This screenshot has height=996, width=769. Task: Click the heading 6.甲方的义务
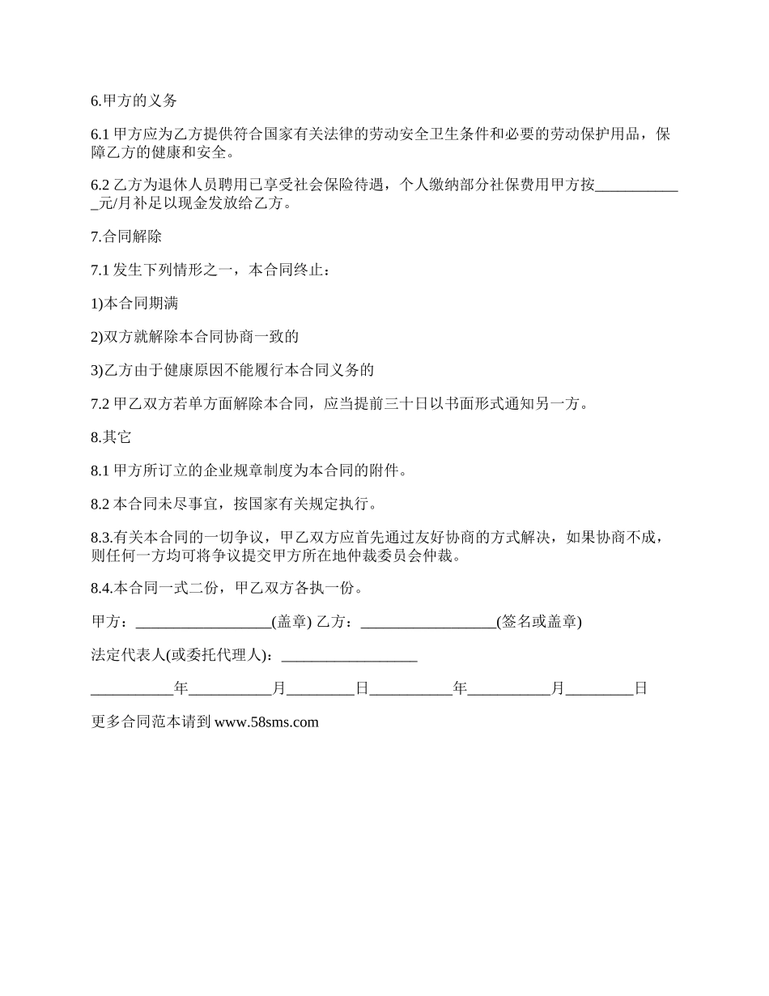(x=134, y=101)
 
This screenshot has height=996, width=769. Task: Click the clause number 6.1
(x=100, y=134)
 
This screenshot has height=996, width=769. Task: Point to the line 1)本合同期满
(x=134, y=304)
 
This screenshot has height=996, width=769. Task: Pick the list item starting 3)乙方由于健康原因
(x=232, y=370)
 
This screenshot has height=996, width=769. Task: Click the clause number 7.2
(x=100, y=404)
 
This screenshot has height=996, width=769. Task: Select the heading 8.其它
(x=111, y=437)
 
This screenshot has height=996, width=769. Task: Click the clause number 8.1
(x=100, y=470)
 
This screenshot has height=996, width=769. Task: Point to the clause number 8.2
(x=100, y=504)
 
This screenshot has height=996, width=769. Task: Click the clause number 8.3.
(x=102, y=538)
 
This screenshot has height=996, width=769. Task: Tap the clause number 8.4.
(x=102, y=588)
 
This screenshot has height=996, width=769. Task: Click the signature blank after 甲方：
(x=203, y=622)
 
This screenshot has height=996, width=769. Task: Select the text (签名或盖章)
(x=539, y=622)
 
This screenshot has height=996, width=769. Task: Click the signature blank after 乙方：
(x=428, y=622)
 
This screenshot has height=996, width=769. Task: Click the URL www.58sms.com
(x=266, y=722)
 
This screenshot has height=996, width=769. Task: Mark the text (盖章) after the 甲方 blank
(x=292, y=622)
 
